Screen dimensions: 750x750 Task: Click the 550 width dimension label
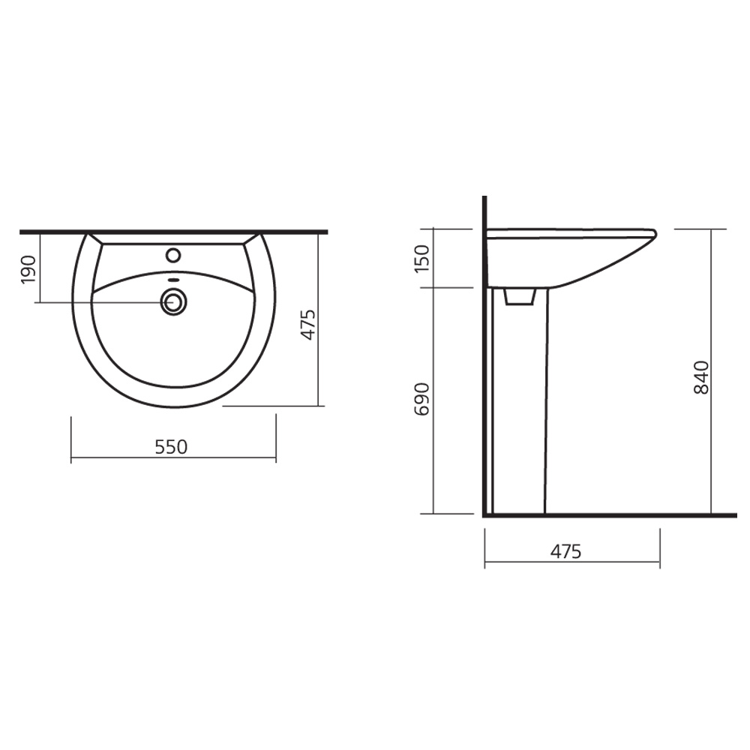click(x=171, y=447)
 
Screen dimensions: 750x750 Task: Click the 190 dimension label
click(x=28, y=269)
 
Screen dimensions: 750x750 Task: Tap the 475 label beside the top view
click(x=308, y=325)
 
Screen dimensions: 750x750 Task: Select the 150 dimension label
click(x=421, y=258)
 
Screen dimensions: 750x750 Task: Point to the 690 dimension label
click(x=421, y=398)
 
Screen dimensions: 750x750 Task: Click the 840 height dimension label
click(x=700, y=377)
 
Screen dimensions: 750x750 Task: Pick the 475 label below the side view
click(x=565, y=551)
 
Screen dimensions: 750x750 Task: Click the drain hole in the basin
click(x=173, y=302)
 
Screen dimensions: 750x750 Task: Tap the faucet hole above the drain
click(x=173, y=255)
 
